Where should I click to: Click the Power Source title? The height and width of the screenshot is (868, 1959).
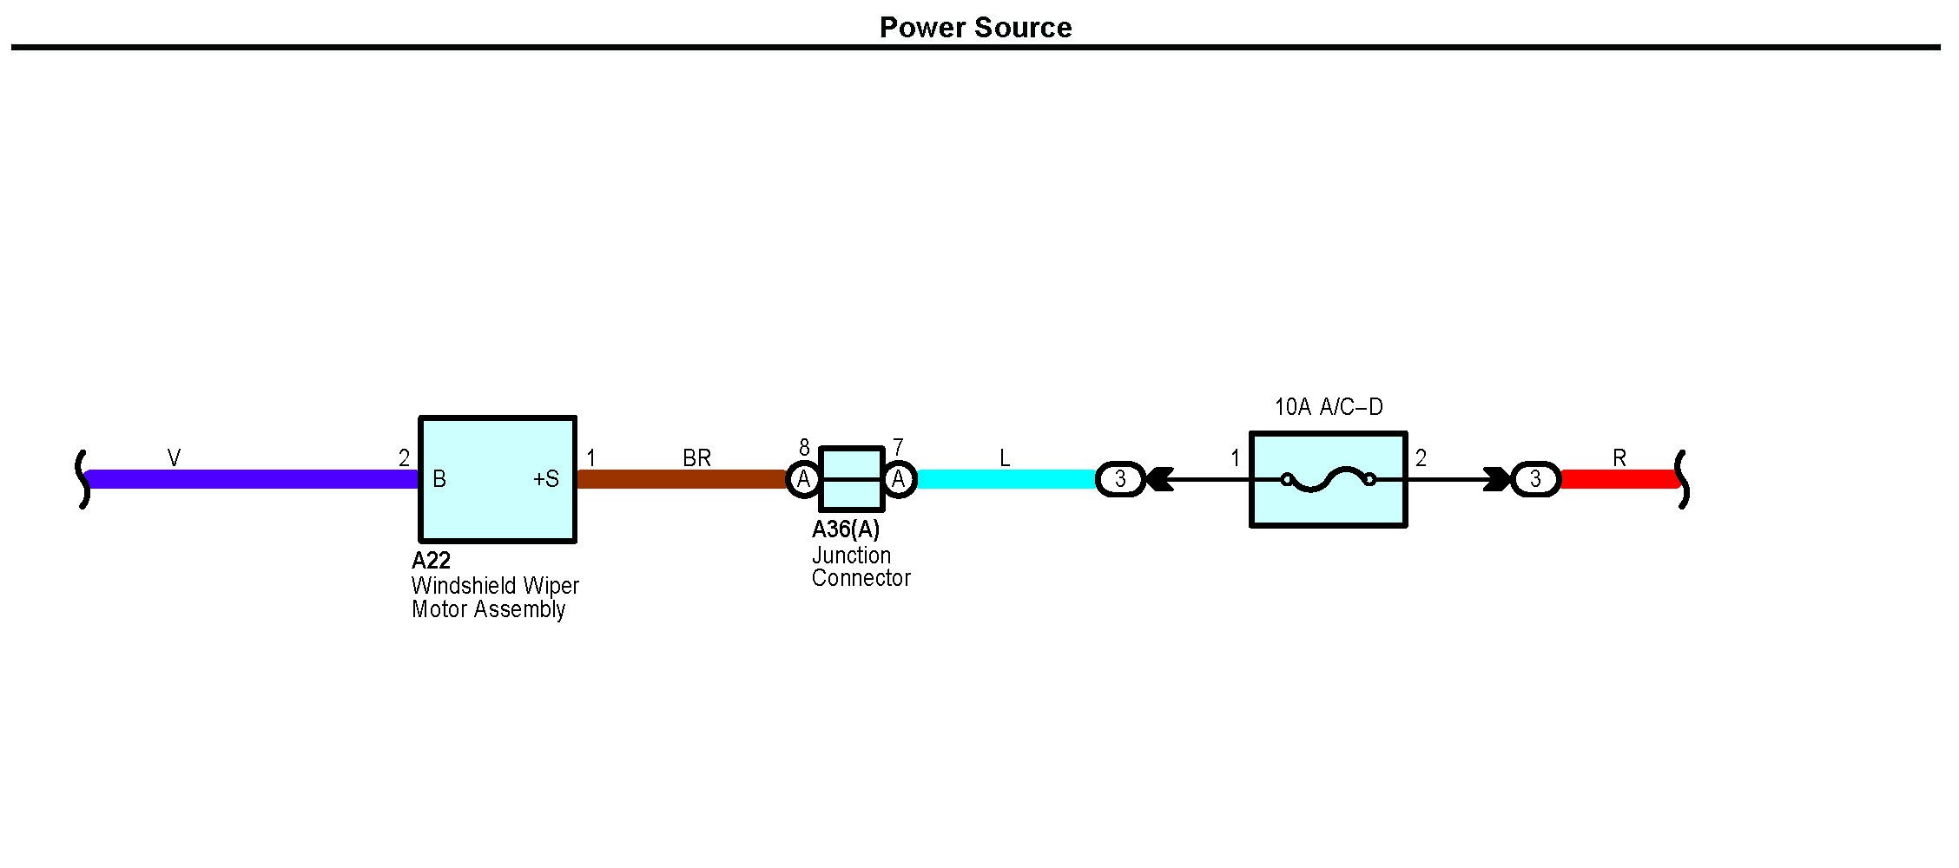[x=975, y=28]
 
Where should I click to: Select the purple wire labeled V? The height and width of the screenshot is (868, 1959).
[x=252, y=479]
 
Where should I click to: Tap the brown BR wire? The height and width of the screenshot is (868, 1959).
[x=682, y=479]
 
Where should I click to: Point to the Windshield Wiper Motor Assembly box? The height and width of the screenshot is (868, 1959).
[x=498, y=512]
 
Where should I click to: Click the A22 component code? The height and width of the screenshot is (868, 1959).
[x=431, y=560]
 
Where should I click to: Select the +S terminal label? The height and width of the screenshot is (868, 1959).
[x=546, y=479]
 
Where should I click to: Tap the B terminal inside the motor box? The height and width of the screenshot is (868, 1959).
[x=439, y=479]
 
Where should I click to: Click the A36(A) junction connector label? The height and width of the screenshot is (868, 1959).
[x=846, y=529]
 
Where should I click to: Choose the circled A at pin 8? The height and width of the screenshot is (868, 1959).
[x=804, y=479]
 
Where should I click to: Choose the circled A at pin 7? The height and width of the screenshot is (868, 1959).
[x=899, y=479]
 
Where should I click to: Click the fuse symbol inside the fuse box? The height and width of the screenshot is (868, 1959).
[x=1328, y=479]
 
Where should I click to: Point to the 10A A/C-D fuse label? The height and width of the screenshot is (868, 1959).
[x=1328, y=407]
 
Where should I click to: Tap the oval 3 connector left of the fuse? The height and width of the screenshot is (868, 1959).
[x=1120, y=479]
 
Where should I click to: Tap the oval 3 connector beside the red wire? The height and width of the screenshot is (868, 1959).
[x=1535, y=479]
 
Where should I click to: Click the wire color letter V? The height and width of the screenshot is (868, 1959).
[x=174, y=458]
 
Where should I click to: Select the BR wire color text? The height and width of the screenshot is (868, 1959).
[x=696, y=458]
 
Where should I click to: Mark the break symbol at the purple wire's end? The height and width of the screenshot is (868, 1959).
[x=83, y=479]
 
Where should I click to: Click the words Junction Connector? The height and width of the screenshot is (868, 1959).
[x=861, y=567]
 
